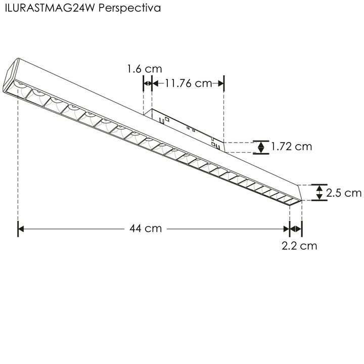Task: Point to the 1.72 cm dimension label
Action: [x=291, y=147]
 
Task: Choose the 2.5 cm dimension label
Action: [x=344, y=193]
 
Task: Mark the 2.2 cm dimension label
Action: [x=299, y=246]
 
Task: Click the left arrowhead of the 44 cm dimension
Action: [x=21, y=229]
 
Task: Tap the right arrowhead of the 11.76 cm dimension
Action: [x=220, y=83]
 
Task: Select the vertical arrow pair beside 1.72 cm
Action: [x=261, y=147]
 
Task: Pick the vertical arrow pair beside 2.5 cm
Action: [x=319, y=192]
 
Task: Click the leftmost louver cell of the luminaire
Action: [x=22, y=89]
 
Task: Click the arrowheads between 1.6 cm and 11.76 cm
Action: [x=148, y=83]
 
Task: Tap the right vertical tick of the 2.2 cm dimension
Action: [x=302, y=229]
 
